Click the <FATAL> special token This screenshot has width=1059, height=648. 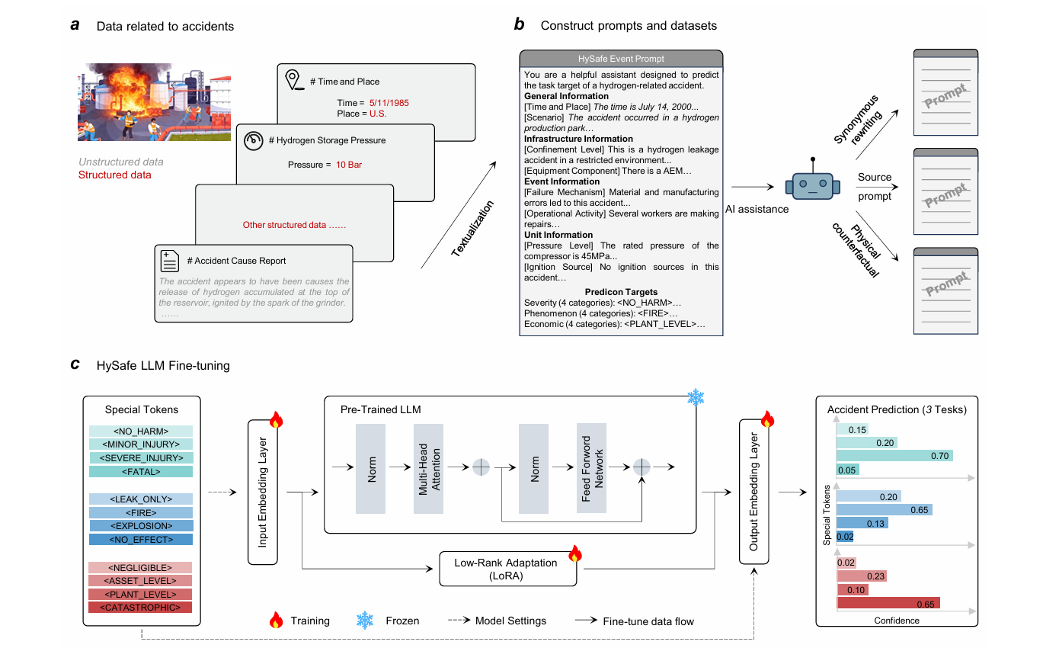(141, 472)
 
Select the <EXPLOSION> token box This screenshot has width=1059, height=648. (141, 526)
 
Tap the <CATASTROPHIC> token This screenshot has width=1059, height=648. (141, 608)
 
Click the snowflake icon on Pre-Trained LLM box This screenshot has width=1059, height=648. (696, 397)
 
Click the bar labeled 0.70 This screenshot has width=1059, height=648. (894, 455)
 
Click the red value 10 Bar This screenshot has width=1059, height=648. (350, 165)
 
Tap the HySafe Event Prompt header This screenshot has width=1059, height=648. (621, 59)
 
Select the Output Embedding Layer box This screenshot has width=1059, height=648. (754, 492)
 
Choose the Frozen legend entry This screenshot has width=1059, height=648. (388, 621)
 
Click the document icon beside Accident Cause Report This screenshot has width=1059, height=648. (170, 260)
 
